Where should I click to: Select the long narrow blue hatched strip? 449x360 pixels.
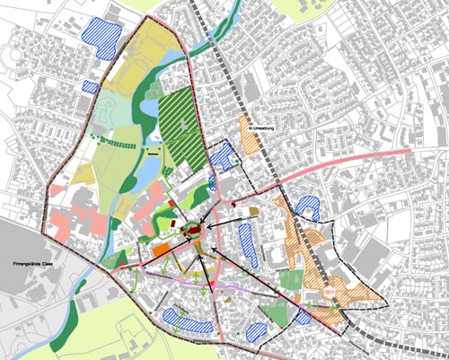point(246,243)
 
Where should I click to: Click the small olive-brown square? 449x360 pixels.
point(253,212)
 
